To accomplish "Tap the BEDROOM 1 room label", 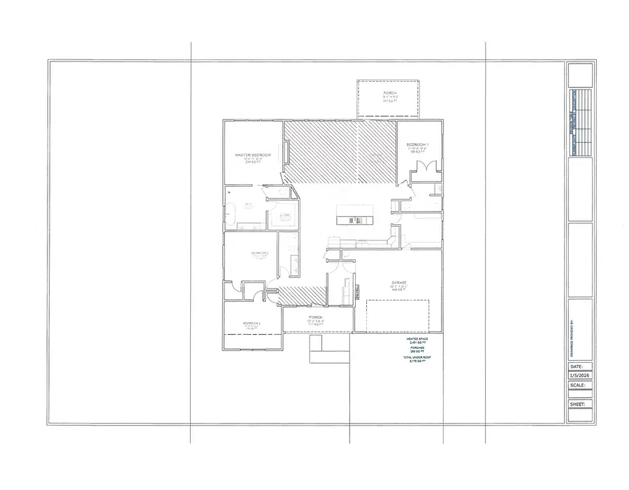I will click(417, 145).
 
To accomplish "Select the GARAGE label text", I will click(399, 283).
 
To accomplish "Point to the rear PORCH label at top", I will click(390, 93).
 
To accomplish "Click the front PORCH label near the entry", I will click(315, 317).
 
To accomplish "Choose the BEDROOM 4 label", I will click(252, 323).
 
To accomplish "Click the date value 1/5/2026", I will click(580, 375).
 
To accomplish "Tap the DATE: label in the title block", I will click(576, 366).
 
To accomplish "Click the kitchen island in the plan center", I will click(355, 215).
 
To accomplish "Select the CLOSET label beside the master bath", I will click(284, 217).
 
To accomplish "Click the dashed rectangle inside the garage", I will click(398, 315).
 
